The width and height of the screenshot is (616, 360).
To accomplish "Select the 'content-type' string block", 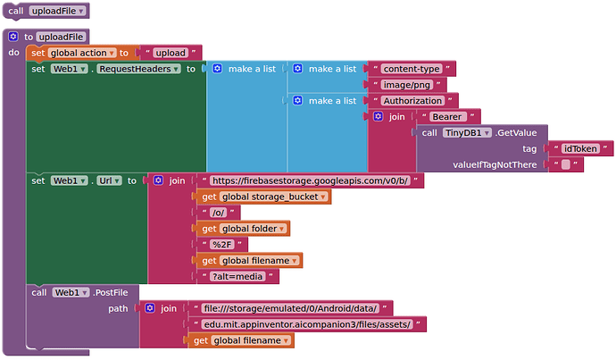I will (x=412, y=69).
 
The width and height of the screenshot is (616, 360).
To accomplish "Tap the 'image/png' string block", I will (x=407, y=85).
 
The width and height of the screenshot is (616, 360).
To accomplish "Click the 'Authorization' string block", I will (x=412, y=101).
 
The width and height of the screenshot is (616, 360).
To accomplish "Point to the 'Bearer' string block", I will (x=446, y=117).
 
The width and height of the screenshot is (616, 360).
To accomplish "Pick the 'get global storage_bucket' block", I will (x=263, y=197).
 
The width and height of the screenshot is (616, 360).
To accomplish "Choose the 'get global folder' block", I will (x=244, y=229).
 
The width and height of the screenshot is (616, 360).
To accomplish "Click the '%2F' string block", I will (x=221, y=245).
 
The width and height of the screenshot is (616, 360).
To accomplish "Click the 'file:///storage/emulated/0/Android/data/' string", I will (x=291, y=308).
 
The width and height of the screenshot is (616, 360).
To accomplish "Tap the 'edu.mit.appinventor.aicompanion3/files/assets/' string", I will (x=306, y=324).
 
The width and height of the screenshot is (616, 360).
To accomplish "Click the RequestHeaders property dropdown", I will (x=139, y=69).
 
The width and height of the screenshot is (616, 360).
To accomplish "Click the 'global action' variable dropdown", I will (x=82, y=53).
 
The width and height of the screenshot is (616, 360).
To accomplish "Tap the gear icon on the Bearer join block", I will (x=379, y=117).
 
